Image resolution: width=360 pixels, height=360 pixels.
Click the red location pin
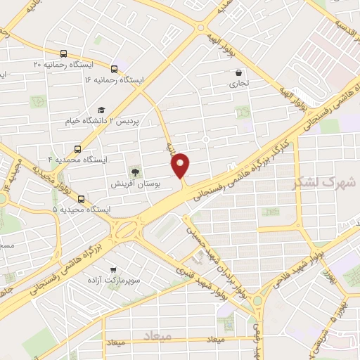tap(181, 165)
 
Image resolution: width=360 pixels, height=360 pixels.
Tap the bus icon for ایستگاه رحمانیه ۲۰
tap(64, 53)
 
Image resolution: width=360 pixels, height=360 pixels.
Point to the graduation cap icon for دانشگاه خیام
tap(101, 110)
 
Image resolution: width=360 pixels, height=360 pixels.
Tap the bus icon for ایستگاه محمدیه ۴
tap(77, 148)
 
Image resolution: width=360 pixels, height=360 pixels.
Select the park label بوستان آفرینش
tap(136, 183)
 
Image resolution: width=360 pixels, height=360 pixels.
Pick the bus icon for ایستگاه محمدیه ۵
tap(82, 199)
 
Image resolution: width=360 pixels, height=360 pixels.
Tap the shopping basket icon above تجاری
tap(239, 72)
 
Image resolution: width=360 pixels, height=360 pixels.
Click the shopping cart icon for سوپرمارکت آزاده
tap(112, 269)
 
